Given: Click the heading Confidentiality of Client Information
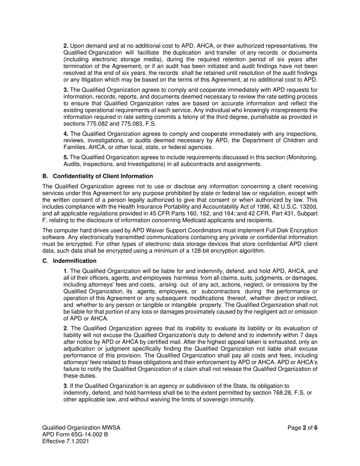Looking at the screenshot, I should (x=103, y=176).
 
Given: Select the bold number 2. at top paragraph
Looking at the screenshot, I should (x=66, y=46).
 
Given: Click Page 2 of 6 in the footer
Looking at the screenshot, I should (x=302, y=428).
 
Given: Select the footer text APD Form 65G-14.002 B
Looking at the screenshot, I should (x=75, y=435).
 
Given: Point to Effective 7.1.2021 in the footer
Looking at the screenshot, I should (x=66, y=441).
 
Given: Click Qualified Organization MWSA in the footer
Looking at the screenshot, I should (x=81, y=428).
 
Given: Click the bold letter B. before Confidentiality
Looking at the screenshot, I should (x=45, y=176).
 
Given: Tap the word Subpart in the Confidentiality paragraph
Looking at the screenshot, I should (x=307, y=214).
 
